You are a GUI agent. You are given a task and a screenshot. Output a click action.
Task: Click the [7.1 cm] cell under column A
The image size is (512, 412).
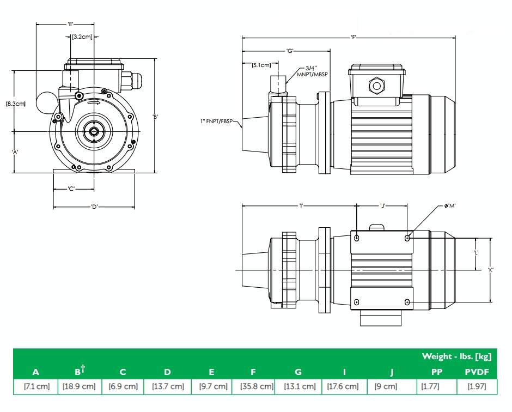(36, 386)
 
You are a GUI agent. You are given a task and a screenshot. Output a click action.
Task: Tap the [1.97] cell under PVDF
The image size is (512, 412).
(477, 386)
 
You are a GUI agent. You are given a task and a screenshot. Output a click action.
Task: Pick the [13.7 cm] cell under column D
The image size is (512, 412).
(167, 386)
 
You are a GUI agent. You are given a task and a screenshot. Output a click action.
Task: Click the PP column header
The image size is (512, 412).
(436, 372)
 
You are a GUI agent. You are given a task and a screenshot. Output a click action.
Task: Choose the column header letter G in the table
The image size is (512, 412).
(298, 372)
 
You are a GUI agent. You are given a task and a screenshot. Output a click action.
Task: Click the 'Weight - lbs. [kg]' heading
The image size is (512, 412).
(456, 356)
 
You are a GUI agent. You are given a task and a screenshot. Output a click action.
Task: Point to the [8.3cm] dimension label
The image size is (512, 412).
(16, 103)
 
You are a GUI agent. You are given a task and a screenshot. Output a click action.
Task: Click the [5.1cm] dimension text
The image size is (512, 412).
(261, 65)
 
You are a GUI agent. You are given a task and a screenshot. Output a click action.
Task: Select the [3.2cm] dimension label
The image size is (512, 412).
(82, 37)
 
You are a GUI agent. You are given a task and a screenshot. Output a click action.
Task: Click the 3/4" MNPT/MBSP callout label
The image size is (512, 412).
(313, 71)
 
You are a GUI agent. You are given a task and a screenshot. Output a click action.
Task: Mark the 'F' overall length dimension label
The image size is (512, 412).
(354, 38)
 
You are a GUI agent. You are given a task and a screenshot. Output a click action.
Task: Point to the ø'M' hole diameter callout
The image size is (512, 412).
(450, 206)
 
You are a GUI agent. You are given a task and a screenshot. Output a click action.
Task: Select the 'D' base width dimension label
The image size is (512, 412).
(94, 207)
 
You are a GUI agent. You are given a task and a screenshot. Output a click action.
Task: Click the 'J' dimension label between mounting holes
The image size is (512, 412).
(383, 206)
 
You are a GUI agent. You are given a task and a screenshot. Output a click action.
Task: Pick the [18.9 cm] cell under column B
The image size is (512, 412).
(79, 386)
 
